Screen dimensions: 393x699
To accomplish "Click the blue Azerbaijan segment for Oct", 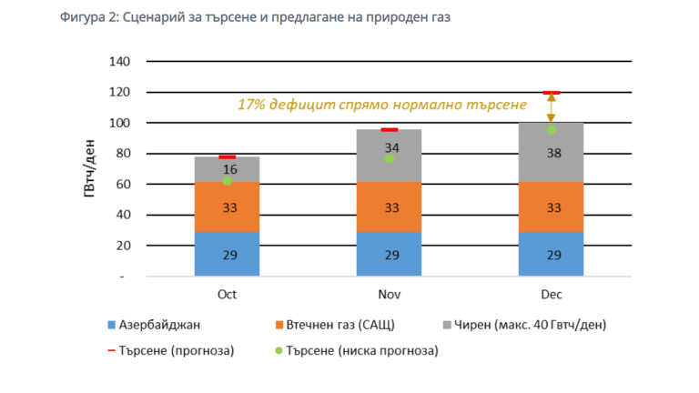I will coord(228,254).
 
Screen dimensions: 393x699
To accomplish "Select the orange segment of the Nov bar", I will coord(390,207).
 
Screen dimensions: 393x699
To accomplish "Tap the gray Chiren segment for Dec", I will coord(551,153).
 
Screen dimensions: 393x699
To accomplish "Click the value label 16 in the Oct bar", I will coord(229,170).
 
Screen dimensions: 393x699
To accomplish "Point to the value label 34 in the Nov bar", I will coord(391,147).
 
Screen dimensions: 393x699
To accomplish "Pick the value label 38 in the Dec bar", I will coord(552,153).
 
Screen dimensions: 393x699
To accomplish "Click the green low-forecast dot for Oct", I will coord(228,180).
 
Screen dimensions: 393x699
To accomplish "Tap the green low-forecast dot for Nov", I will coord(389,158).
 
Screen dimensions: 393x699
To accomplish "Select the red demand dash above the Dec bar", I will coord(551,93).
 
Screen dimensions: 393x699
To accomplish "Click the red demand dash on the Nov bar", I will coord(390,130).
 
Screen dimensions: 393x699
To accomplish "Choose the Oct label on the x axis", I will coord(228,296).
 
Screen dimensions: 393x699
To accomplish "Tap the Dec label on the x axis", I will coord(551,296).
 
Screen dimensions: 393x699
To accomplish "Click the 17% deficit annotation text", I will coord(381,105).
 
